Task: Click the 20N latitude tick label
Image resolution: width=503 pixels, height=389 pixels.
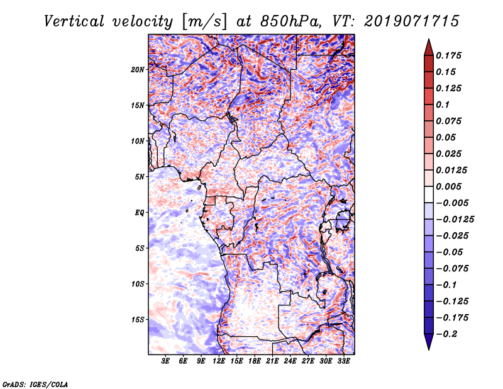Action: pos(138,69)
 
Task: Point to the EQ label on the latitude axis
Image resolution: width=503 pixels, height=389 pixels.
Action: pos(140,212)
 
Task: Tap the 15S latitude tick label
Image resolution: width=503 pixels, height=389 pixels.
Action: pos(138,319)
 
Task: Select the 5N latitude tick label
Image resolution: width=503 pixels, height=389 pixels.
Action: pos(140,176)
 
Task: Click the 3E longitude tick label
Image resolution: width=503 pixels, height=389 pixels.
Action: pos(166,362)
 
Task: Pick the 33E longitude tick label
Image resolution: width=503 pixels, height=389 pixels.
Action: pos(343,362)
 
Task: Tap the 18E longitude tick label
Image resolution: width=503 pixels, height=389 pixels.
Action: pos(255,362)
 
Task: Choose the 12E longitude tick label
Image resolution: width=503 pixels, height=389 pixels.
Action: pos(219,362)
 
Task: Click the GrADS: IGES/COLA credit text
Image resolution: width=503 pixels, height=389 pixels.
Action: pos(35,383)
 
